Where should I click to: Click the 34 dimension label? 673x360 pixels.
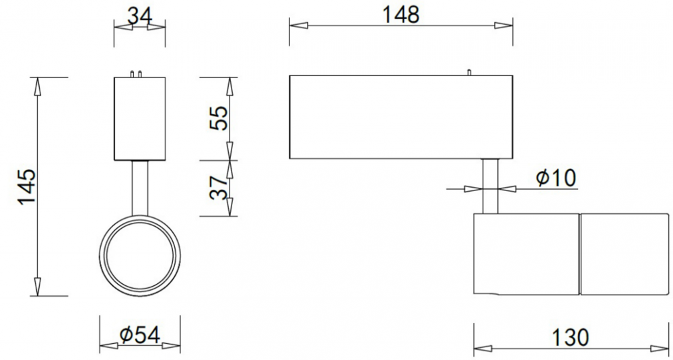point(140,17)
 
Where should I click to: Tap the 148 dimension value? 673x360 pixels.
point(400,15)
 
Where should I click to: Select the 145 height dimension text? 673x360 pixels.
point(27,186)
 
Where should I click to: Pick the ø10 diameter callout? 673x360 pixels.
point(556,178)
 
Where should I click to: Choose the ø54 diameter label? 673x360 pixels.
point(140,334)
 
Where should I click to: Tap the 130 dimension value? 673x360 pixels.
point(570,337)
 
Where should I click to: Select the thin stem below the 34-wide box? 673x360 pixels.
point(140,188)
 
